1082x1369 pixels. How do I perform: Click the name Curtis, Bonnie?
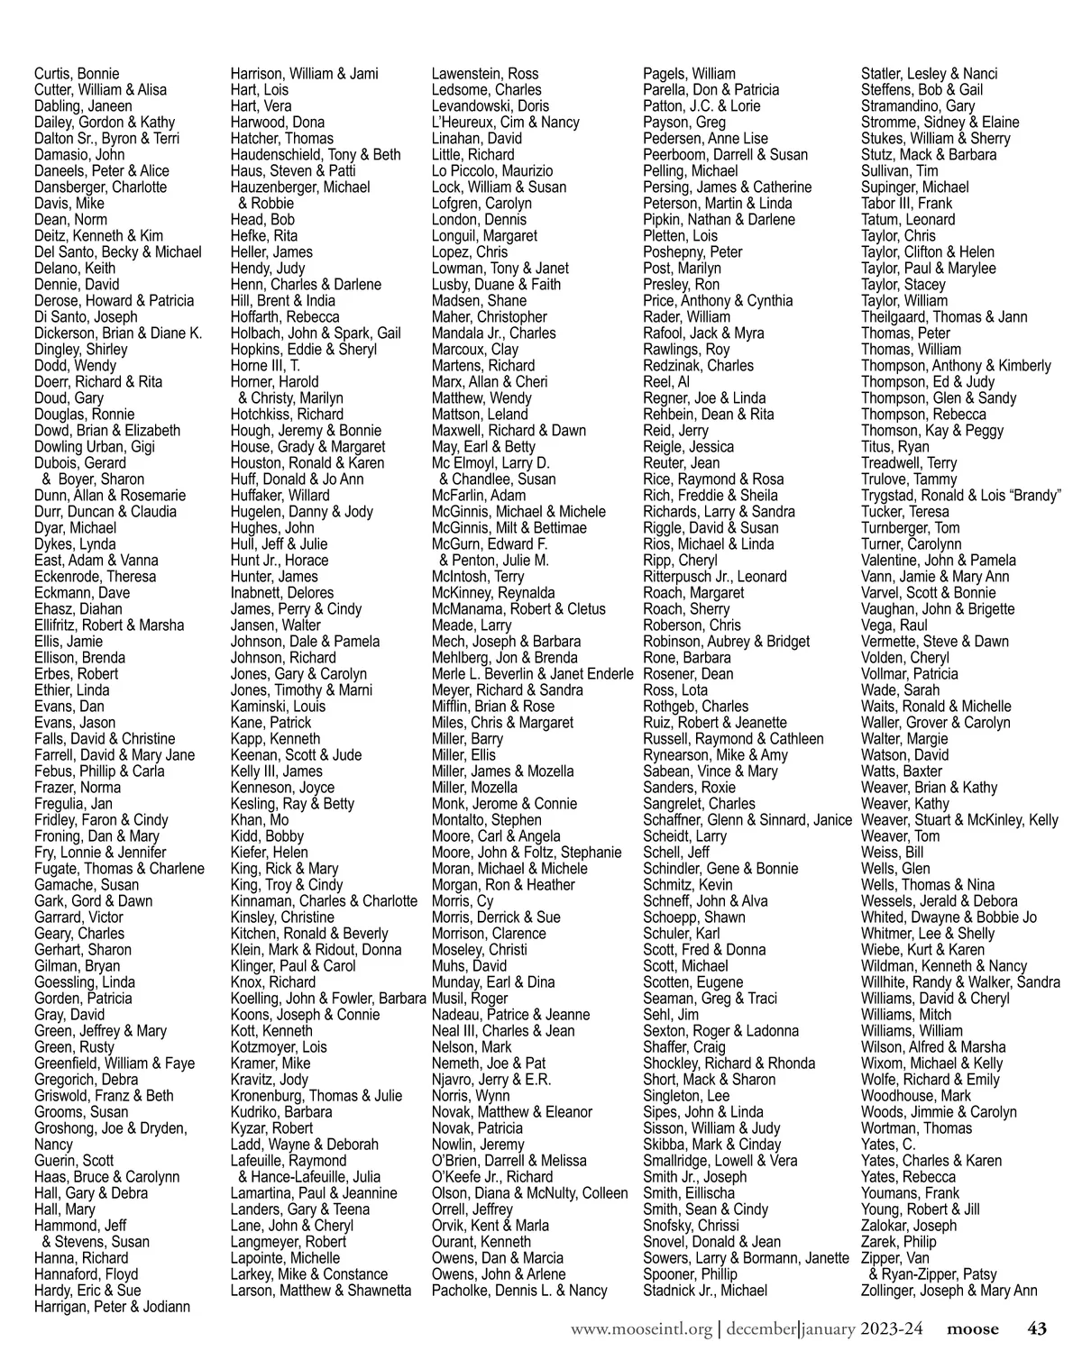coord(77,74)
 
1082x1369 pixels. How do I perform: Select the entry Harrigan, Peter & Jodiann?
coord(113,1307)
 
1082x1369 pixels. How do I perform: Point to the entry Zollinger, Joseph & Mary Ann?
coord(949,1291)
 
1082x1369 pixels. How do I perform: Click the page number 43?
coord(1037,1328)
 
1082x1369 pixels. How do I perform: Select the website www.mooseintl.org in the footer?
coord(641,1328)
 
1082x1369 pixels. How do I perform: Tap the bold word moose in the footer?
coord(972,1328)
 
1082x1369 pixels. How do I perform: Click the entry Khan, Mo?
coord(260,820)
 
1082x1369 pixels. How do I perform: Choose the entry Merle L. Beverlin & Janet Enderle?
coord(533,674)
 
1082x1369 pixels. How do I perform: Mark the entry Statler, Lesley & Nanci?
coord(930,74)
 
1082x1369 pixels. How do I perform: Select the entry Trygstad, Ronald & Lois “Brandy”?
coord(961,496)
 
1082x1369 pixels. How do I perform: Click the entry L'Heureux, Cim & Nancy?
coord(506,123)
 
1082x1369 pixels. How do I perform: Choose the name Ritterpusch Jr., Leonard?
coord(715,577)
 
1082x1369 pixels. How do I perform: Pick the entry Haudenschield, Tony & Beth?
coord(316,155)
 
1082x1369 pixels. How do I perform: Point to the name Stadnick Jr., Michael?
coord(705,1291)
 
